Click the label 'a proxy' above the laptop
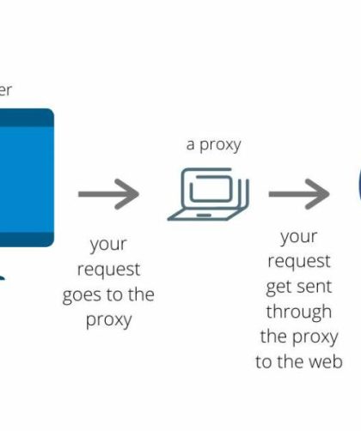[x=213, y=143]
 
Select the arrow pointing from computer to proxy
[x=109, y=195]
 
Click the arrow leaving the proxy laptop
[x=298, y=194]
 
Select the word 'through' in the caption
[x=298, y=311]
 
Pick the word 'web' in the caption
[x=326, y=361]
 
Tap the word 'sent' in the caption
[x=314, y=286]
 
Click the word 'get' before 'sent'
[x=281, y=286]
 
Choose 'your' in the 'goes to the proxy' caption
[x=109, y=245]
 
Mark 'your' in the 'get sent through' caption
[x=298, y=236]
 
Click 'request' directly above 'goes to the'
[x=109, y=270]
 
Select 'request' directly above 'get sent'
[x=298, y=261]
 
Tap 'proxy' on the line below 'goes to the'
[x=109, y=320]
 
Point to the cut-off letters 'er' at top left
[x=5, y=89]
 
